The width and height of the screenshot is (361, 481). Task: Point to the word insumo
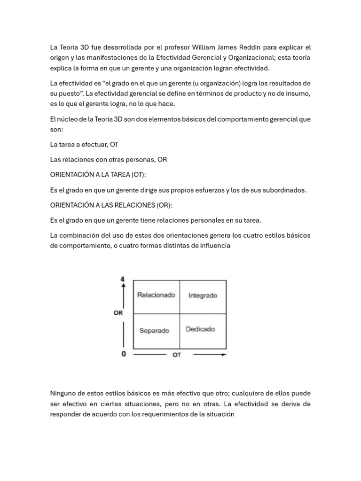[298, 93]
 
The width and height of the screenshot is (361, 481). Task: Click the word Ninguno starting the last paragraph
[63, 393]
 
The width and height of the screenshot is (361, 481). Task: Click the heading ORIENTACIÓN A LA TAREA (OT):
[98, 175]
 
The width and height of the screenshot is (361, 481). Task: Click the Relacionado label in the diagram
[156, 295]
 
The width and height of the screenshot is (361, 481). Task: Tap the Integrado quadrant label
[203, 296]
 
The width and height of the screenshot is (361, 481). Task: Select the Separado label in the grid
[154, 331]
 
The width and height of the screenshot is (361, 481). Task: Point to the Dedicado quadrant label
[200, 329]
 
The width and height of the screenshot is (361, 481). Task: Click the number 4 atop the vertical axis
[123, 279]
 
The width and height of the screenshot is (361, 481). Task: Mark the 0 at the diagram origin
[124, 354]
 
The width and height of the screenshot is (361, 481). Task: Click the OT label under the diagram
[177, 355]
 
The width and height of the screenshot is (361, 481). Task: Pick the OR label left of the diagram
[118, 312]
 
